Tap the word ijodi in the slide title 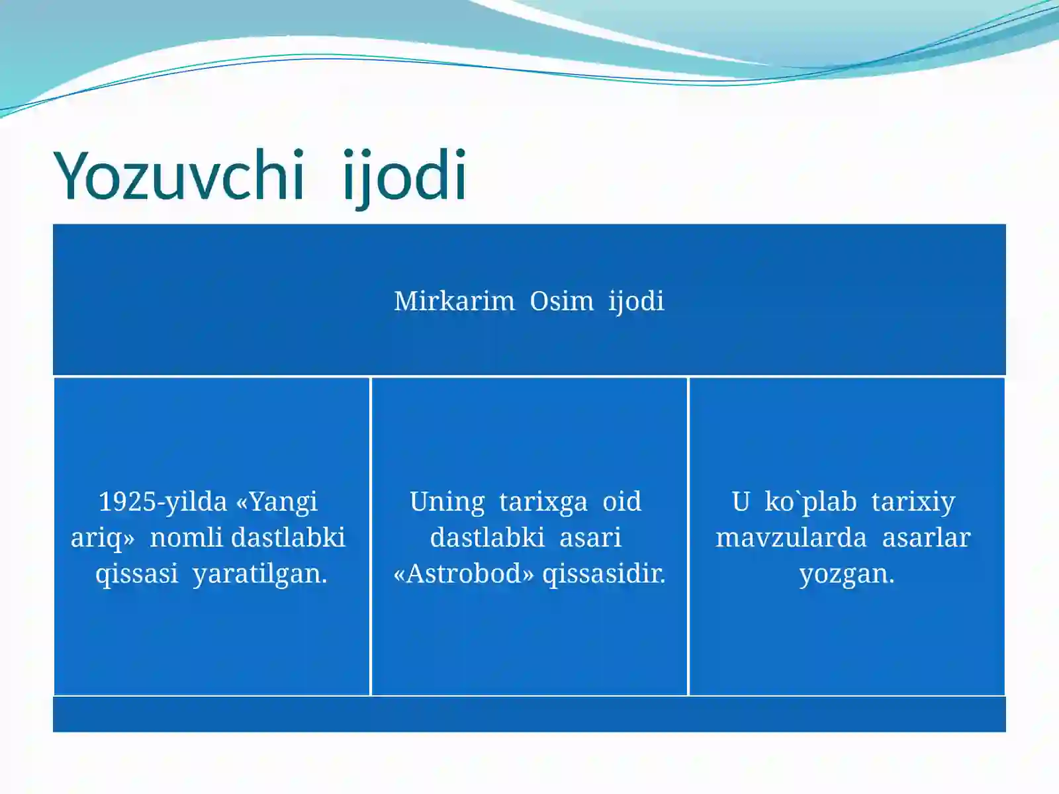(x=405, y=175)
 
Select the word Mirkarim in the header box (x=454, y=301)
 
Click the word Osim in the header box (x=561, y=301)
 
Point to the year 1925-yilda (x=162, y=502)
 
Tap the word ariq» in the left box (x=102, y=538)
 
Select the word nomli (x=187, y=537)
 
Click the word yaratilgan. (x=259, y=574)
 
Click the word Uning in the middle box (x=447, y=502)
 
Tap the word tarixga (x=543, y=502)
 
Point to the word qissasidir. (x=604, y=574)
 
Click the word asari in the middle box (x=590, y=537)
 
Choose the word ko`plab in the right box (x=810, y=502)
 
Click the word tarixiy (x=913, y=502)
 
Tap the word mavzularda (x=791, y=537)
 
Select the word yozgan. (x=847, y=574)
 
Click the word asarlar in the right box (x=926, y=537)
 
